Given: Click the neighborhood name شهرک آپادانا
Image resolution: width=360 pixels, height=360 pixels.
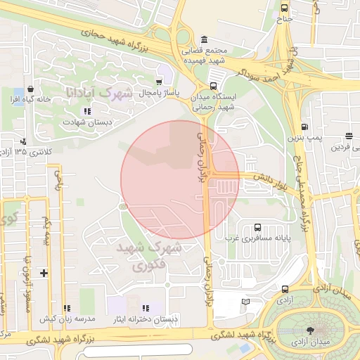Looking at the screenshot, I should (x=98, y=93).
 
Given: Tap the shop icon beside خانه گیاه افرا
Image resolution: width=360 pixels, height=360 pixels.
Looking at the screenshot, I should (x=30, y=89).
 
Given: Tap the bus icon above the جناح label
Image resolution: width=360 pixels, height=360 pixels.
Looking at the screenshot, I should (x=284, y=8).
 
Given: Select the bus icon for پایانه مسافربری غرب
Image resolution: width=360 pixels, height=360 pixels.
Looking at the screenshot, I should (x=257, y=227).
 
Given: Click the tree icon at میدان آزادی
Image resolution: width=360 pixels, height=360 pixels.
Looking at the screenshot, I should (x=311, y=329).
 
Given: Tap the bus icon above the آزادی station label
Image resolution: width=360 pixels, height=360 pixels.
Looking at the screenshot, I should (x=285, y=289).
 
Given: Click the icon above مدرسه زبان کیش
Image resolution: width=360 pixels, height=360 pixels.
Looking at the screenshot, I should (x=67, y=308).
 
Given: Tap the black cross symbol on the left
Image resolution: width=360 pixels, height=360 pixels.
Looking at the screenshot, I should (x=44, y=272).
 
